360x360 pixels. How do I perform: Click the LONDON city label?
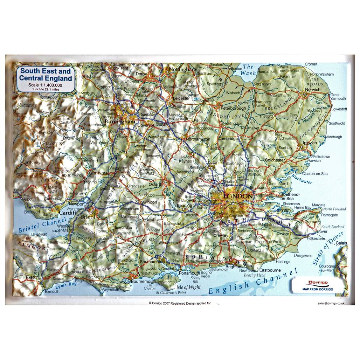pyautogui.click(x=238, y=196)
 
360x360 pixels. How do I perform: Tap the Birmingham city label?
pyautogui.click(x=119, y=122)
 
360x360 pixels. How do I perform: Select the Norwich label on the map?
pyautogui.click(x=313, y=90)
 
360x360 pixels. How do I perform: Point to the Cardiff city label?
pyautogui.click(x=65, y=212)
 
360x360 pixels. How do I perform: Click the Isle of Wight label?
pyautogui.click(x=188, y=287)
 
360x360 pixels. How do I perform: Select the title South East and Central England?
pyautogui.click(x=45, y=74)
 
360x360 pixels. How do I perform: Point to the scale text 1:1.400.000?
pyautogui.click(x=45, y=85)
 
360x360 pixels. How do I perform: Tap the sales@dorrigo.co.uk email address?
pyautogui.click(x=331, y=303)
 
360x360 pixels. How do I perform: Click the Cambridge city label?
pyautogui.click(x=228, y=139)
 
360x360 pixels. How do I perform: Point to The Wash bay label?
pyautogui.click(x=248, y=70)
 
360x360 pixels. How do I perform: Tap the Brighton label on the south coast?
pyautogui.click(x=233, y=267)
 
